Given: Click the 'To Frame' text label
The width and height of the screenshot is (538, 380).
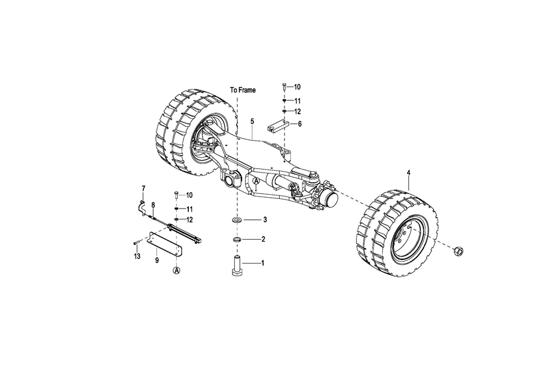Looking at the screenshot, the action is click(243, 90).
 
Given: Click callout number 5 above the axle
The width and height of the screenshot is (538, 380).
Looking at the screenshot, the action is click(252, 121).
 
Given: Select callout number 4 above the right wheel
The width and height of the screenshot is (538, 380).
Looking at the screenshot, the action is click(409, 172).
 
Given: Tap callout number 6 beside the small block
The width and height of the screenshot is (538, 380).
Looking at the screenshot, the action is click(300, 124).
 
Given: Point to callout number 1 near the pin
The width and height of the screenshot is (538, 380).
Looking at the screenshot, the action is click(263, 263).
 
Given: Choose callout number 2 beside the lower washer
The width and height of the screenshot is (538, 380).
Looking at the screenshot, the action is click(263, 239).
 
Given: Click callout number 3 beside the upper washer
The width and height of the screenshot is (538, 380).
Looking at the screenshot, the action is click(265, 219).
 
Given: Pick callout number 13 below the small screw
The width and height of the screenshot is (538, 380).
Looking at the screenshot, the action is click(137, 256).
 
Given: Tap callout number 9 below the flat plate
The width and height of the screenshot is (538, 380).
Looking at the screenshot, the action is click(157, 261).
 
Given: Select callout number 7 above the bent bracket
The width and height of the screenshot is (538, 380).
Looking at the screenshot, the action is click(143, 188).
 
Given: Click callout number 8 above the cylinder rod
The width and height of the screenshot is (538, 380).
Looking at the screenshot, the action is click(153, 205).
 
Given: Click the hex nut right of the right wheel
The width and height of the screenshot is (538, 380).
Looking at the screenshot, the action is click(458, 251).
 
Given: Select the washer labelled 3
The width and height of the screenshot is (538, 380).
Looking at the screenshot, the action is click(236, 219).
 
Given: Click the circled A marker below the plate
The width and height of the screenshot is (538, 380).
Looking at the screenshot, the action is click(176, 271).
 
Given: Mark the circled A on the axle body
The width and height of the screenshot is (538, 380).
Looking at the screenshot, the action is click(256, 180).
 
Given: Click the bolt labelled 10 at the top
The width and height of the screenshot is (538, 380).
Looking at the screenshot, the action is click(284, 87).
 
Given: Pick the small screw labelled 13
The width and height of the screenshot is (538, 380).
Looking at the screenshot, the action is click(136, 242).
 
